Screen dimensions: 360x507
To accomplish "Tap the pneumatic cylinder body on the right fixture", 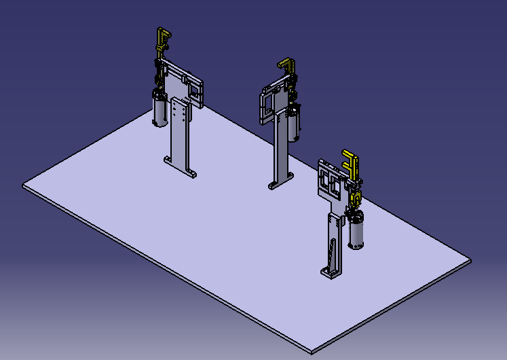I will point(357,231).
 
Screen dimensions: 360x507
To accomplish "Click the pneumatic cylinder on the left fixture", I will point(160,110).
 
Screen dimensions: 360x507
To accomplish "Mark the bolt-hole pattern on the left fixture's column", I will point(180,112).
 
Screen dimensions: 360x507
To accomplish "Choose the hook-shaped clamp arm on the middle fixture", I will point(287,67).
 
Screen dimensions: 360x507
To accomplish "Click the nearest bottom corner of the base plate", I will point(312,352).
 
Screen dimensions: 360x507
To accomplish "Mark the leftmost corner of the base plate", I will point(23,184).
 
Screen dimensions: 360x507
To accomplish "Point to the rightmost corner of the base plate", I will point(470,259).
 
